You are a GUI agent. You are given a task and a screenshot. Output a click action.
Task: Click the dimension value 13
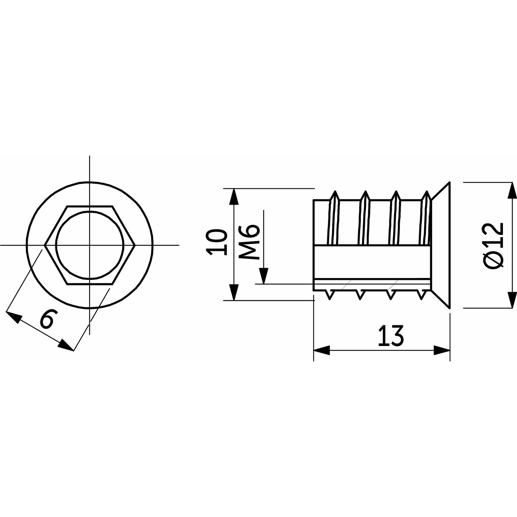[391, 336]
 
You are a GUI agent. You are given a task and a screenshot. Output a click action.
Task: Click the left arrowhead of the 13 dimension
[321, 350]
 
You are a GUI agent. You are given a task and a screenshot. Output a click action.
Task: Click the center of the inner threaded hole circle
[89, 245]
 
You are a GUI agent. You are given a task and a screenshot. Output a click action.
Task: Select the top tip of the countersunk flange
[449, 183]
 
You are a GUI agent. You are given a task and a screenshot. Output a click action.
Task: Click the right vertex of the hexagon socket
[135, 245]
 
